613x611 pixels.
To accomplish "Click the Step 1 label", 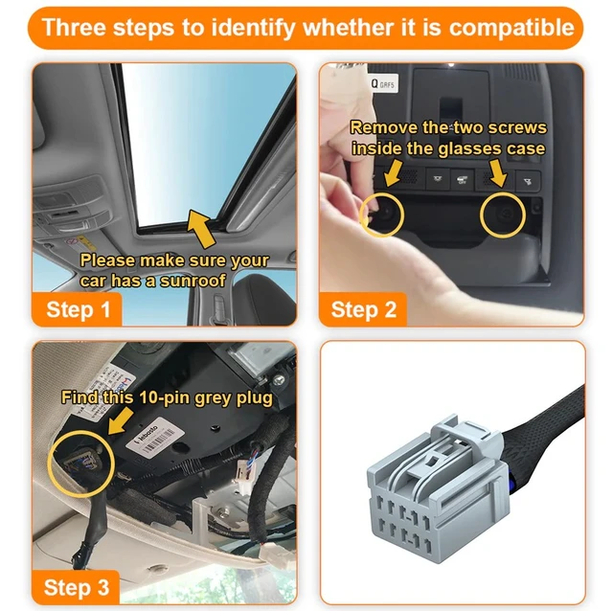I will (84, 309).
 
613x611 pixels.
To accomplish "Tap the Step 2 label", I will (363, 309).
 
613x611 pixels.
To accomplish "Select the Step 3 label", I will (78, 586).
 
